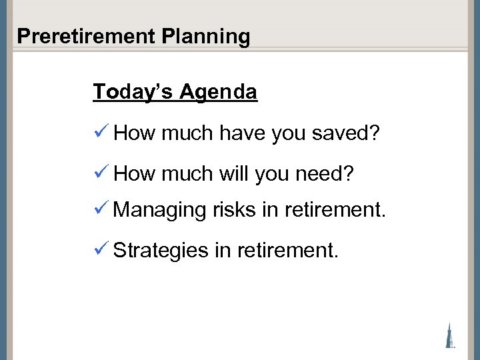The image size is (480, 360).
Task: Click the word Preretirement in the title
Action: click(x=86, y=36)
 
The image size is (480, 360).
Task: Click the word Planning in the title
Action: click(x=206, y=36)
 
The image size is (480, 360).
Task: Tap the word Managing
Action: click(x=160, y=211)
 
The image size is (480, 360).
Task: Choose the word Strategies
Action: click(x=161, y=251)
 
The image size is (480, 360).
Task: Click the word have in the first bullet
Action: click(x=243, y=133)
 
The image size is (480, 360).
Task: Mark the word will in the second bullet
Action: click(x=233, y=174)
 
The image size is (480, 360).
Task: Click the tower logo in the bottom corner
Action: click(x=451, y=335)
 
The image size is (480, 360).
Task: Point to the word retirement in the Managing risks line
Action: click(x=335, y=210)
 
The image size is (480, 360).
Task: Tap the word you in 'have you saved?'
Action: click(x=289, y=133)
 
